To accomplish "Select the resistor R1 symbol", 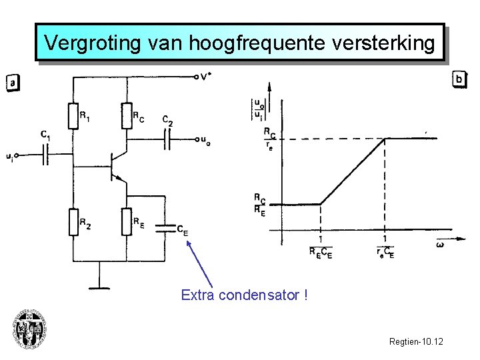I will [73, 116].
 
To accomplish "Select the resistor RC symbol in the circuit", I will [126, 116].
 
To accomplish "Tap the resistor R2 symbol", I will [73, 222].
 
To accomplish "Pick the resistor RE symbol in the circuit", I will [126, 222].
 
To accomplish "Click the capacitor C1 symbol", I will [45, 156].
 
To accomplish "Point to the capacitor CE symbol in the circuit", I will [165, 227].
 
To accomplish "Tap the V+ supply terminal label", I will [205, 75].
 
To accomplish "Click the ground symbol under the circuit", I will [99, 287].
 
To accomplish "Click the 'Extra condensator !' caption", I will [244, 295].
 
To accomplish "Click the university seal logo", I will [29, 330].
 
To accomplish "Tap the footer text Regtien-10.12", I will [416, 342].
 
